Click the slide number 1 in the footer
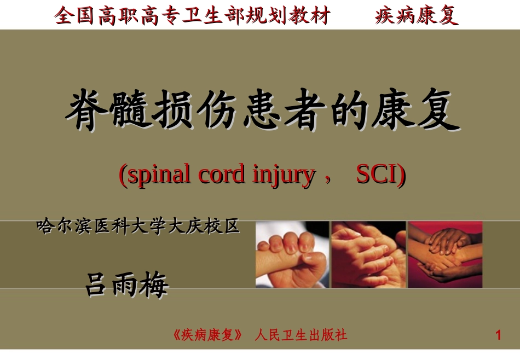tap(498, 335)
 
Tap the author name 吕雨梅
tap(126, 284)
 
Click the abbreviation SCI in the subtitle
tap(379, 175)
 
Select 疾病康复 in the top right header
tap(417, 16)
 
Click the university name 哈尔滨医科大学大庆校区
tap(138, 226)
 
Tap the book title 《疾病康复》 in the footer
tap(207, 335)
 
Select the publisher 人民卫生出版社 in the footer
tap(301, 335)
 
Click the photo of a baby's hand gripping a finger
tap(292, 254)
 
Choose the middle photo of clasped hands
tap(368, 254)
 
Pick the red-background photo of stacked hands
tap(446, 254)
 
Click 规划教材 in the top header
tap(288, 16)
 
